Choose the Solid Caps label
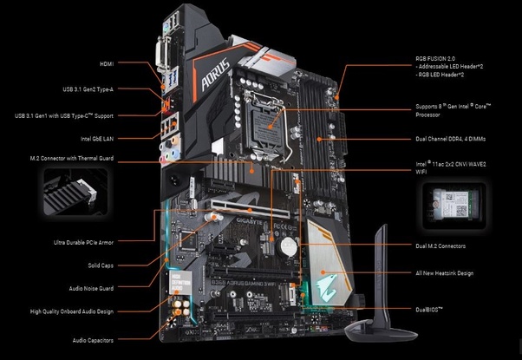pos(101,264)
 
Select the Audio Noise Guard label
pos(92,287)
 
